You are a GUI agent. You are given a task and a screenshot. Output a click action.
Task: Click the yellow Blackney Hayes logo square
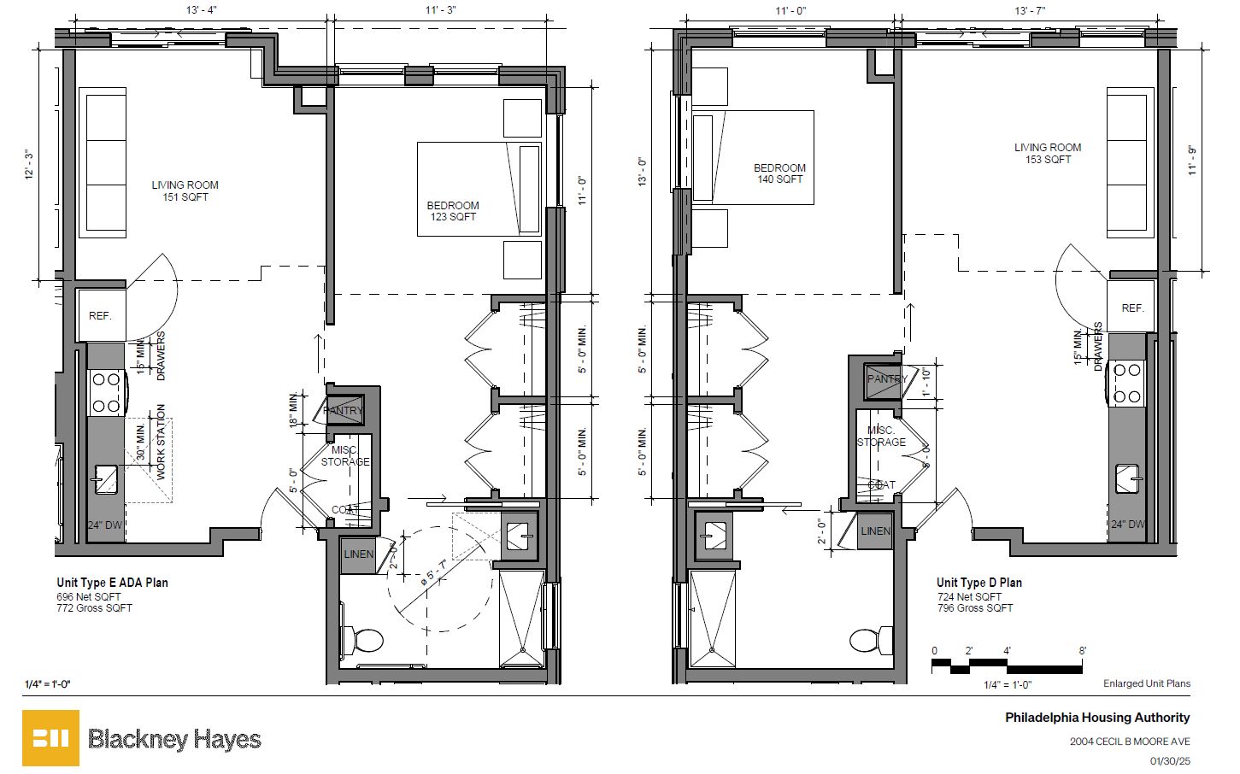(x=50, y=737)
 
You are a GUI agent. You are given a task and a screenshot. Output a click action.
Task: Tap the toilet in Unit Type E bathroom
(x=366, y=639)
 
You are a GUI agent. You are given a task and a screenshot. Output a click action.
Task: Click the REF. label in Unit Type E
(x=100, y=316)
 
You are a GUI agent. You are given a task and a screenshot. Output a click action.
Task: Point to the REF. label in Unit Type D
(x=1132, y=308)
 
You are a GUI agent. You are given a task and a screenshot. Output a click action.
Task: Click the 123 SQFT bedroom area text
(x=453, y=217)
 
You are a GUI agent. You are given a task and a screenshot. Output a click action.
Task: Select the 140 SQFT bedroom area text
(x=779, y=179)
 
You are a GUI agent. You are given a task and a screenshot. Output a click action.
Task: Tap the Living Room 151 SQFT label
(x=185, y=191)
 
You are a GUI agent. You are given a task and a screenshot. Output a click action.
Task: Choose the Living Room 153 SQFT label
(x=1048, y=153)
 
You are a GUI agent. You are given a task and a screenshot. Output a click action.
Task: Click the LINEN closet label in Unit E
(x=358, y=554)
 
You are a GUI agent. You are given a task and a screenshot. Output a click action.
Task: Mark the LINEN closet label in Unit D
(x=875, y=531)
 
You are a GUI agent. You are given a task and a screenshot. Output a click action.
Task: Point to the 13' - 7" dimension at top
(x=1030, y=10)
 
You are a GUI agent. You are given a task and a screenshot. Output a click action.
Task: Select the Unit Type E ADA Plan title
(x=112, y=583)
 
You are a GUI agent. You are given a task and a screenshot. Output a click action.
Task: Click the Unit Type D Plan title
(x=978, y=583)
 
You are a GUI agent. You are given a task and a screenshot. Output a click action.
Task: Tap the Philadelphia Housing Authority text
(x=1096, y=718)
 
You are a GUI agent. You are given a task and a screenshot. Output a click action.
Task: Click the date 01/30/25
(x=1170, y=760)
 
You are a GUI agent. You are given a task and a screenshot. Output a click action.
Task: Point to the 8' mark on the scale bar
(x=1082, y=651)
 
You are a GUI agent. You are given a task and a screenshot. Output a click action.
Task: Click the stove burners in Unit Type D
(x=1125, y=383)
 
